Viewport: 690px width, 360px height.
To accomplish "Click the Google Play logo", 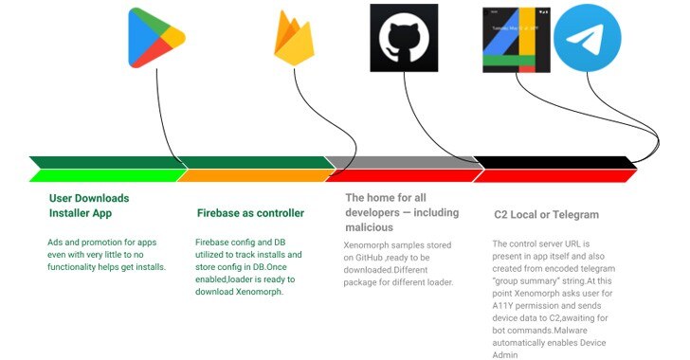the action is click(x=156, y=38).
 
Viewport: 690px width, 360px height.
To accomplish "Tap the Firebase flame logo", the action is click(x=294, y=39).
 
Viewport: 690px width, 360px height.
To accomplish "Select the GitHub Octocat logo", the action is click(x=404, y=38).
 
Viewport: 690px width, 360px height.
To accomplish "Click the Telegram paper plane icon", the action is click(x=587, y=38).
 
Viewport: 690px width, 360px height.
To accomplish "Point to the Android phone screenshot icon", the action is click(x=517, y=40).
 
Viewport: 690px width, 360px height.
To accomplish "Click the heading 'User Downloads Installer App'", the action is click(x=89, y=206).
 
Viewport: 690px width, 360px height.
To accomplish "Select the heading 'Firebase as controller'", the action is click(x=250, y=213).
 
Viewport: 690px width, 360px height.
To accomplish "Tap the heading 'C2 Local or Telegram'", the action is click(x=546, y=215).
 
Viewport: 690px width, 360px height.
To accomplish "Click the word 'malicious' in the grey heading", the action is click(x=370, y=227).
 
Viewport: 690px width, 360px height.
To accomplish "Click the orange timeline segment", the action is click(x=255, y=175).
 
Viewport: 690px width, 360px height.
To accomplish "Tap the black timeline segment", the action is click(x=554, y=162).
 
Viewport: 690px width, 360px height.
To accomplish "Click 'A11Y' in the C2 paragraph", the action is click(x=502, y=305).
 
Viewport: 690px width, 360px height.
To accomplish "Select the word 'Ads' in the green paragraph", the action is click(x=55, y=243).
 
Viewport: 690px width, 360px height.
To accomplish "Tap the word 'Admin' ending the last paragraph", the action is click(x=505, y=354).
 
